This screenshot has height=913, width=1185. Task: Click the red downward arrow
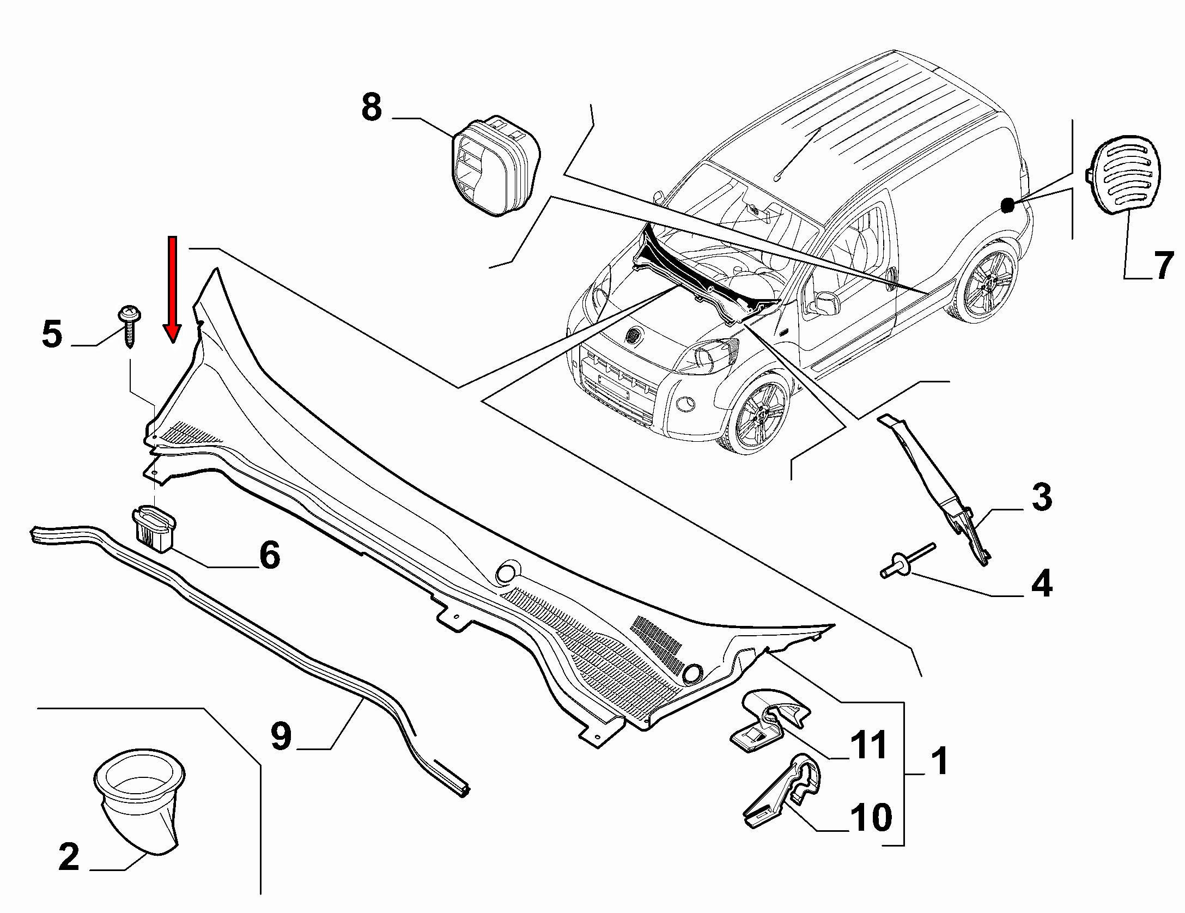[x=173, y=289]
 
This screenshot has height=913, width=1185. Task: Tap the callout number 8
[x=372, y=107]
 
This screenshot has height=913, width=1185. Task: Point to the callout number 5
[x=52, y=333]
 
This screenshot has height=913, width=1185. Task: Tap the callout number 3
[x=1041, y=497]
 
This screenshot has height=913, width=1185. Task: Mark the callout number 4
[x=1041, y=584]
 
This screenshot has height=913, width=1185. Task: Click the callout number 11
[x=868, y=745]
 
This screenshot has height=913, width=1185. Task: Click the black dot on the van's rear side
[x=1007, y=205]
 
